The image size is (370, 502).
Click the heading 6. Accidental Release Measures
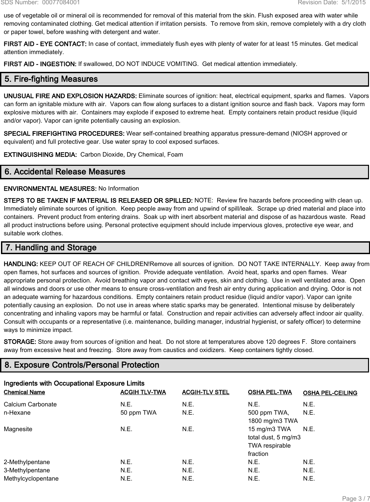[x=65, y=172]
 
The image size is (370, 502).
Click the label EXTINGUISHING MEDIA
[x=40, y=155]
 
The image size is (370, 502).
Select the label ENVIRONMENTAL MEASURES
[x=50, y=189]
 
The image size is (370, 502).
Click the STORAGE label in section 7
[x=20, y=342]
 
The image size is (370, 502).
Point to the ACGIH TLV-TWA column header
[x=143, y=392]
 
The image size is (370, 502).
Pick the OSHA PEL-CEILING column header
[x=330, y=393]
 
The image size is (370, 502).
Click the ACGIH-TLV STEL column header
[x=205, y=392]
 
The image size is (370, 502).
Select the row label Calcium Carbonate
[x=30, y=404]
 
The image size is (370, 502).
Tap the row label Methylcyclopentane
[x=31, y=479]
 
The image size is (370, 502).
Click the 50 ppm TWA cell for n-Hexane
[x=139, y=413]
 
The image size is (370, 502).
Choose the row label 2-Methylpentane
[x=27, y=462]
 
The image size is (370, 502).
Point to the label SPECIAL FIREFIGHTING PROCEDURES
[x=64, y=134]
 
